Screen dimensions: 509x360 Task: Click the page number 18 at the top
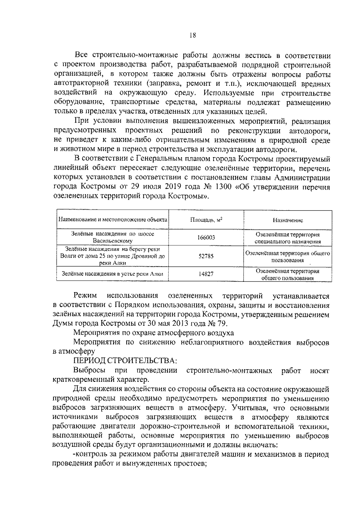click(x=193, y=35)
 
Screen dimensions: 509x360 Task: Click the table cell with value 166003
click(x=206, y=238)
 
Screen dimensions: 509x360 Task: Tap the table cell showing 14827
click(x=206, y=274)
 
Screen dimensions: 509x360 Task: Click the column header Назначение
click(x=288, y=220)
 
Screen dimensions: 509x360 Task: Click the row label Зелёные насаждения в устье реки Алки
click(x=112, y=274)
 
